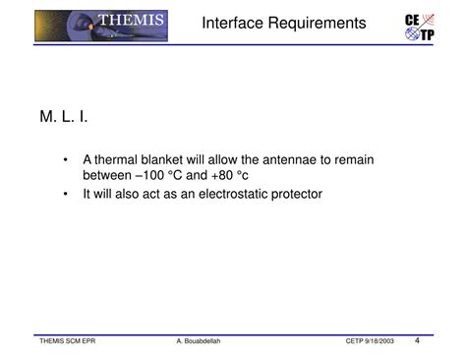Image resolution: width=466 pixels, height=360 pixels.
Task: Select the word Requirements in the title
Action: pos(319,23)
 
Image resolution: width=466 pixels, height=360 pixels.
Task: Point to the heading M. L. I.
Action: pos(65,118)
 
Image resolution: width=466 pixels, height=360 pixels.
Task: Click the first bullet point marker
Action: pos(65,159)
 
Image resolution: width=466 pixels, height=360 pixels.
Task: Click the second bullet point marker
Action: pos(65,194)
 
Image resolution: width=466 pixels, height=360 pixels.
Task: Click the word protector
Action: pos(293,194)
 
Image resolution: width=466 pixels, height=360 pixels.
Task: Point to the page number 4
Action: pos(418,340)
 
